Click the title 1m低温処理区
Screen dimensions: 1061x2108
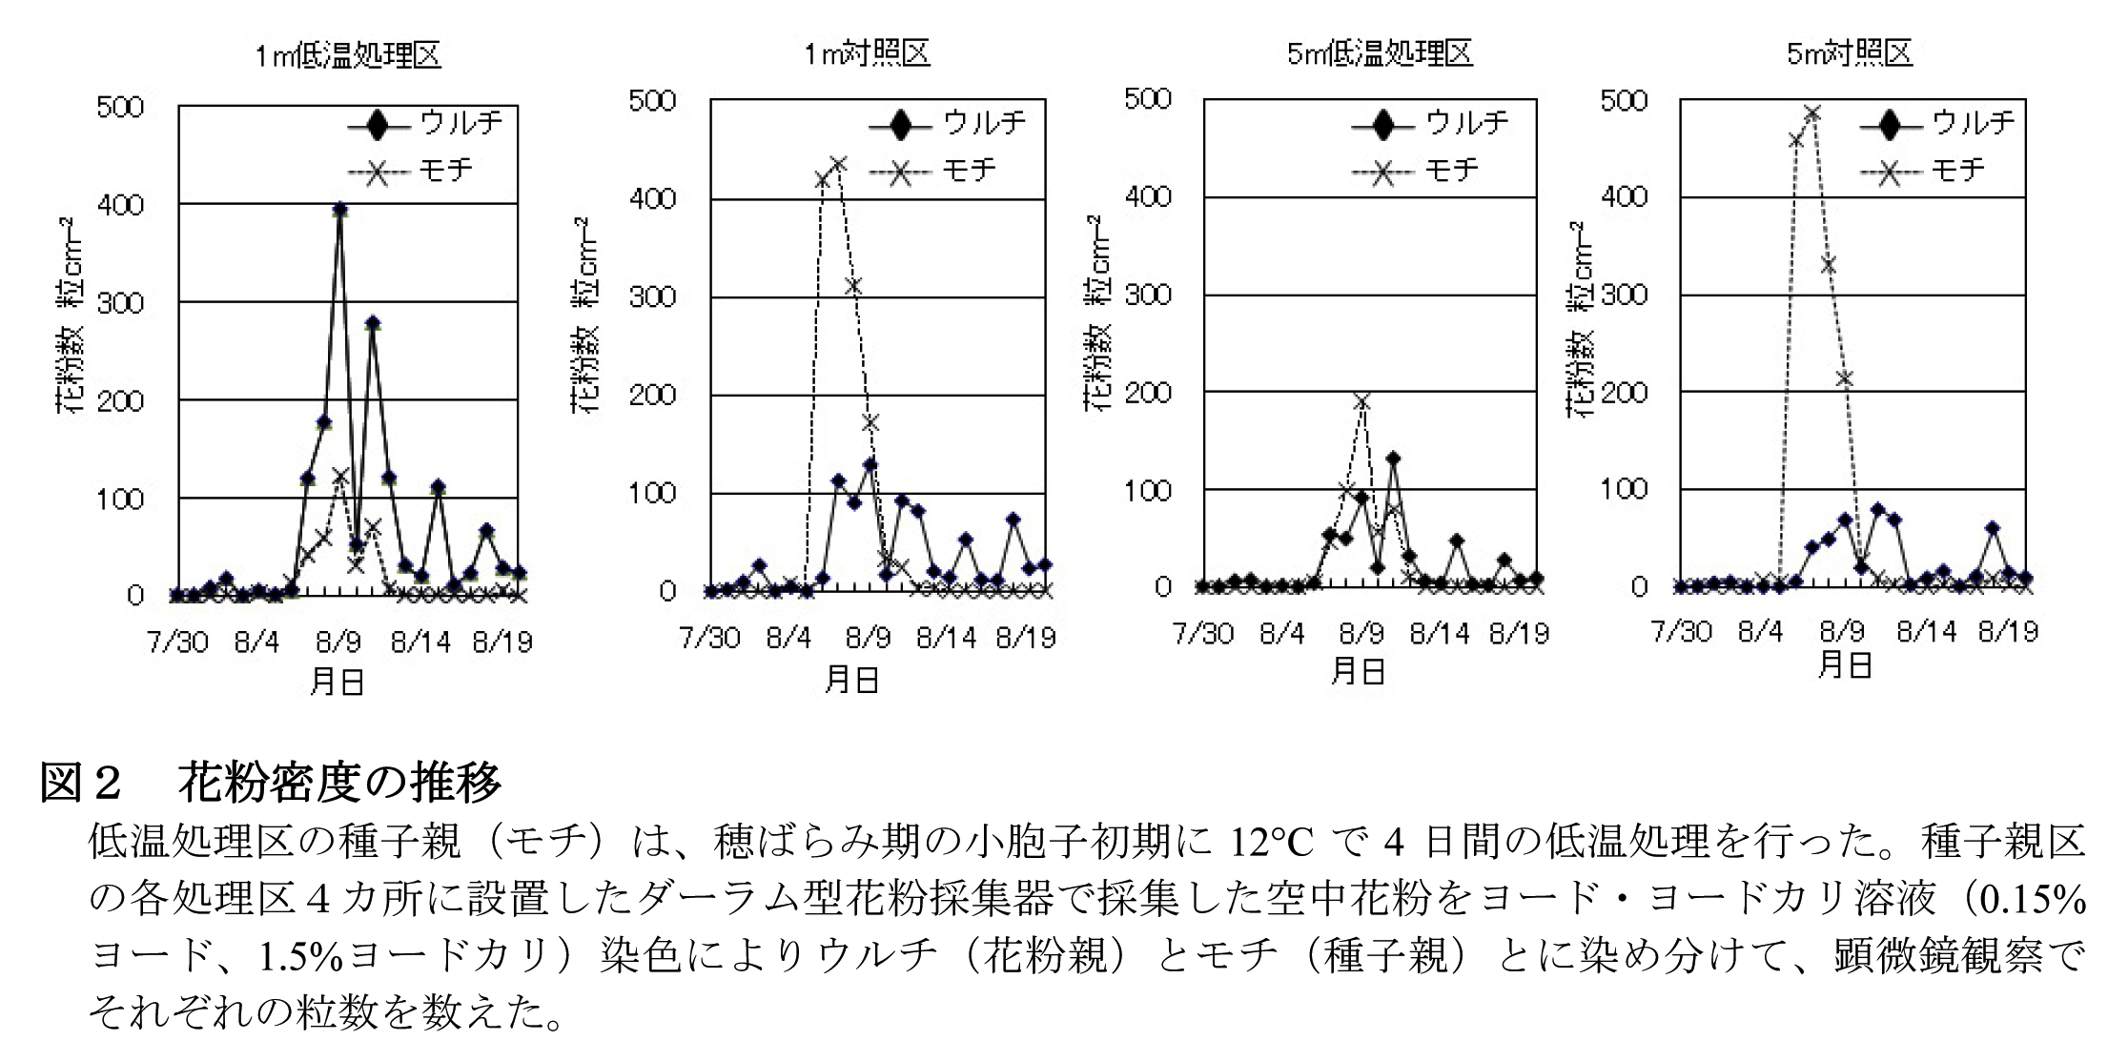click(x=348, y=56)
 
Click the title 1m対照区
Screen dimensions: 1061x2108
click(x=866, y=53)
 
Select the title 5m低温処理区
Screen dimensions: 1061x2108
click(x=1380, y=53)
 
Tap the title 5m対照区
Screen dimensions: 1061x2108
click(x=1850, y=53)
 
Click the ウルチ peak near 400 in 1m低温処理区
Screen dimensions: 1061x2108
click(x=339, y=210)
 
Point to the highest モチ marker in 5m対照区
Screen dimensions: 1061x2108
click(x=1812, y=114)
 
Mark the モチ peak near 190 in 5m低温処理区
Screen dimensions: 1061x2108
click(x=1362, y=401)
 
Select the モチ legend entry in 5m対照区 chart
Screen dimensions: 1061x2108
click(x=1923, y=171)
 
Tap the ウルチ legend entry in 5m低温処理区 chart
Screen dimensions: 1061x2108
click(x=1430, y=123)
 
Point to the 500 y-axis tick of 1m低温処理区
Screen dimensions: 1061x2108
click(x=120, y=106)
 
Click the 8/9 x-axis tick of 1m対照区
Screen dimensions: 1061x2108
click(x=868, y=636)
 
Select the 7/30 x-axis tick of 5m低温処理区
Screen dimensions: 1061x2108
click(x=1203, y=633)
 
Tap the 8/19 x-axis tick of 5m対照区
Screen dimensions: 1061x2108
click(x=2008, y=631)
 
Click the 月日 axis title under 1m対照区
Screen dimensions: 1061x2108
click(x=851, y=679)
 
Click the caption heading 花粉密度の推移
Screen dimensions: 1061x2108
click(x=338, y=784)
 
